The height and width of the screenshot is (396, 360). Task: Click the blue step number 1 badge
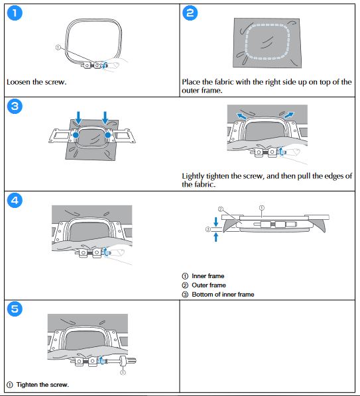click(x=15, y=13)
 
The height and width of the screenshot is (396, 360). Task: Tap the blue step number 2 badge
click(x=190, y=13)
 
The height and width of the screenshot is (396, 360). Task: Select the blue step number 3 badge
click(x=15, y=106)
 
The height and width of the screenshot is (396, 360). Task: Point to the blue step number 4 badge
click(x=15, y=200)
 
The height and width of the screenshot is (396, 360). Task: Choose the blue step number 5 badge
click(x=15, y=309)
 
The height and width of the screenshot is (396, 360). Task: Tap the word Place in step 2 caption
click(x=191, y=82)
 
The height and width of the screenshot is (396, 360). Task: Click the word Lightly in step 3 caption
click(x=193, y=176)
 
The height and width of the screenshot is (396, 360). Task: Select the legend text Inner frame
click(x=208, y=276)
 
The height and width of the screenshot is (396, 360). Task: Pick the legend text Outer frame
click(x=209, y=285)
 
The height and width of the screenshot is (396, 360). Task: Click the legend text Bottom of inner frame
click(x=223, y=295)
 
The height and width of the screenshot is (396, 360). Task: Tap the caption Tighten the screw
click(x=42, y=385)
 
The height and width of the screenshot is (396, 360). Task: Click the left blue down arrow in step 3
click(x=78, y=118)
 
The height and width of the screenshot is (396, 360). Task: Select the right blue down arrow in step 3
click(x=105, y=118)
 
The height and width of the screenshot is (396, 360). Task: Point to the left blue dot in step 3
click(x=76, y=135)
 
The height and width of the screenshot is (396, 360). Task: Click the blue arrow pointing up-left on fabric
click(x=242, y=116)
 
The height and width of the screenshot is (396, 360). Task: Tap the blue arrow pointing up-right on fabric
click(x=289, y=115)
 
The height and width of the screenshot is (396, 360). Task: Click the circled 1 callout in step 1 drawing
click(x=58, y=47)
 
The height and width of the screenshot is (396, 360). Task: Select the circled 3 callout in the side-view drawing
click(x=208, y=229)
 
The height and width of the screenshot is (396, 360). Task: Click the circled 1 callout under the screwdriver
click(x=123, y=373)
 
